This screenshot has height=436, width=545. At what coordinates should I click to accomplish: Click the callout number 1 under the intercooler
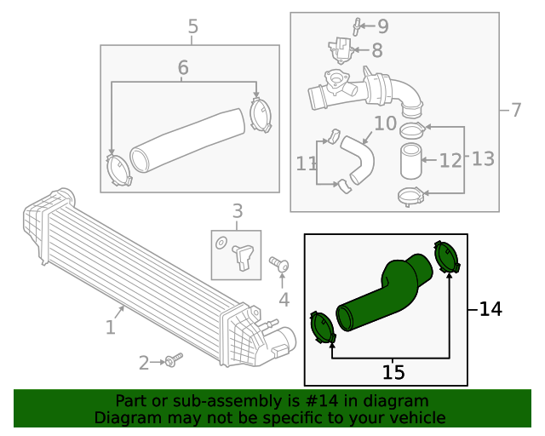pyautogui.click(x=111, y=327)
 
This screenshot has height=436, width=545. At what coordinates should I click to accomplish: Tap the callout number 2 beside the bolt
pyautogui.click(x=144, y=364)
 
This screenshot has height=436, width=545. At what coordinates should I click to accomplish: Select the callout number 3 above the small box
pyautogui.click(x=238, y=210)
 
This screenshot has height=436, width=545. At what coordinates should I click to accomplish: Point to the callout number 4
pyautogui.click(x=284, y=300)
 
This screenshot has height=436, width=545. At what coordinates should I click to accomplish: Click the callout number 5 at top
pyautogui.click(x=192, y=26)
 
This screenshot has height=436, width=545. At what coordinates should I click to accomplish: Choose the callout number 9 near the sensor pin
pyautogui.click(x=382, y=26)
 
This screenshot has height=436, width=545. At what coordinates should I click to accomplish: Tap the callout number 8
pyautogui.click(x=377, y=50)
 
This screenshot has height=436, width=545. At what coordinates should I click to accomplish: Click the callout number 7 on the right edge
pyautogui.click(x=515, y=110)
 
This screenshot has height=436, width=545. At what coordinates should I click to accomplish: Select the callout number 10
pyautogui.click(x=385, y=123)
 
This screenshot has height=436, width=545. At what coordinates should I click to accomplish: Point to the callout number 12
pyautogui.click(x=450, y=159)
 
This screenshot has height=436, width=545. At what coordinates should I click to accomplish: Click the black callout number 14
pyautogui.click(x=490, y=308)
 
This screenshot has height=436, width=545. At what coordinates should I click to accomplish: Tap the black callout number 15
pyautogui.click(x=393, y=372)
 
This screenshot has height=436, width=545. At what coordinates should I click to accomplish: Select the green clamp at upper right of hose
pyautogui.click(x=446, y=257)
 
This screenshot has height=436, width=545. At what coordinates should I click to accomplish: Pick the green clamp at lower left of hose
pyautogui.click(x=321, y=330)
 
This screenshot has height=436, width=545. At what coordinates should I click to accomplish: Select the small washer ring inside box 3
pyautogui.click(x=221, y=243)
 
